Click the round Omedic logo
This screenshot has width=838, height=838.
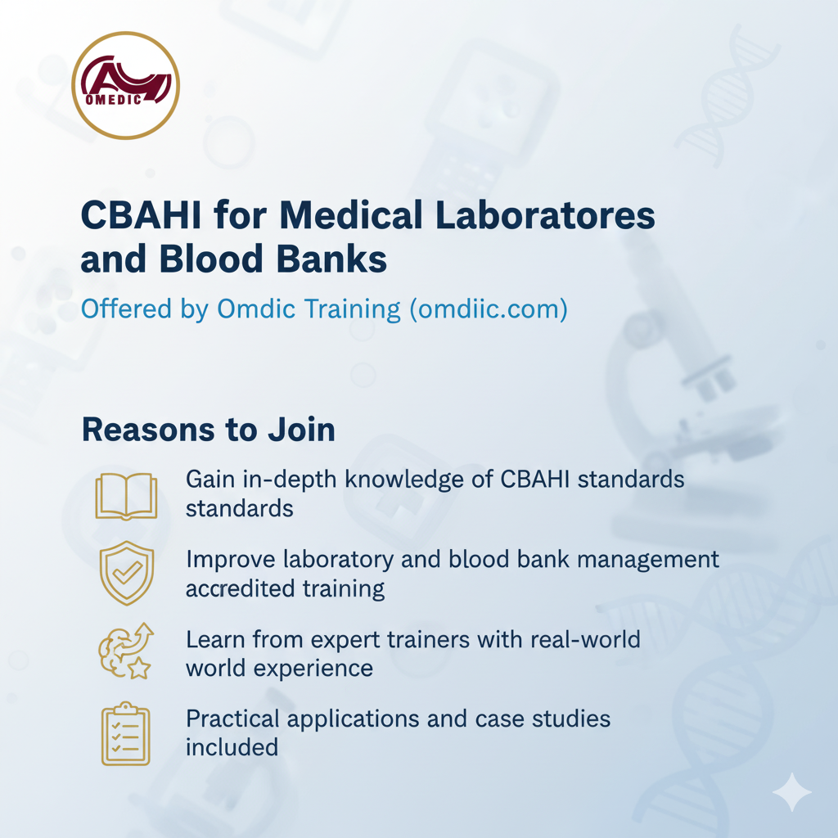point(125,85)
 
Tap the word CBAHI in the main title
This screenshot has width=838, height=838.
point(141,215)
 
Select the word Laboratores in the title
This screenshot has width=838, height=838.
point(545,215)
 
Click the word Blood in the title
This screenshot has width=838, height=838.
point(211,259)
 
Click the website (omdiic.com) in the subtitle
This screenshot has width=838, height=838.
point(489,309)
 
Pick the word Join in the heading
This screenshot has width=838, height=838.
point(301,430)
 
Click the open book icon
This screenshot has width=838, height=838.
point(126,496)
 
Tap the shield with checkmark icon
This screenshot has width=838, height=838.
point(127,572)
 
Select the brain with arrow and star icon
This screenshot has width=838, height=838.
point(126,651)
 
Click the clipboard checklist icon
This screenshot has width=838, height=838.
point(126,733)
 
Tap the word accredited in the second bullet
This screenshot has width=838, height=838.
point(241,588)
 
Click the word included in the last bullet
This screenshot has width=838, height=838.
point(232,747)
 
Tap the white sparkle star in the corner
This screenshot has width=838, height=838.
point(791,792)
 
